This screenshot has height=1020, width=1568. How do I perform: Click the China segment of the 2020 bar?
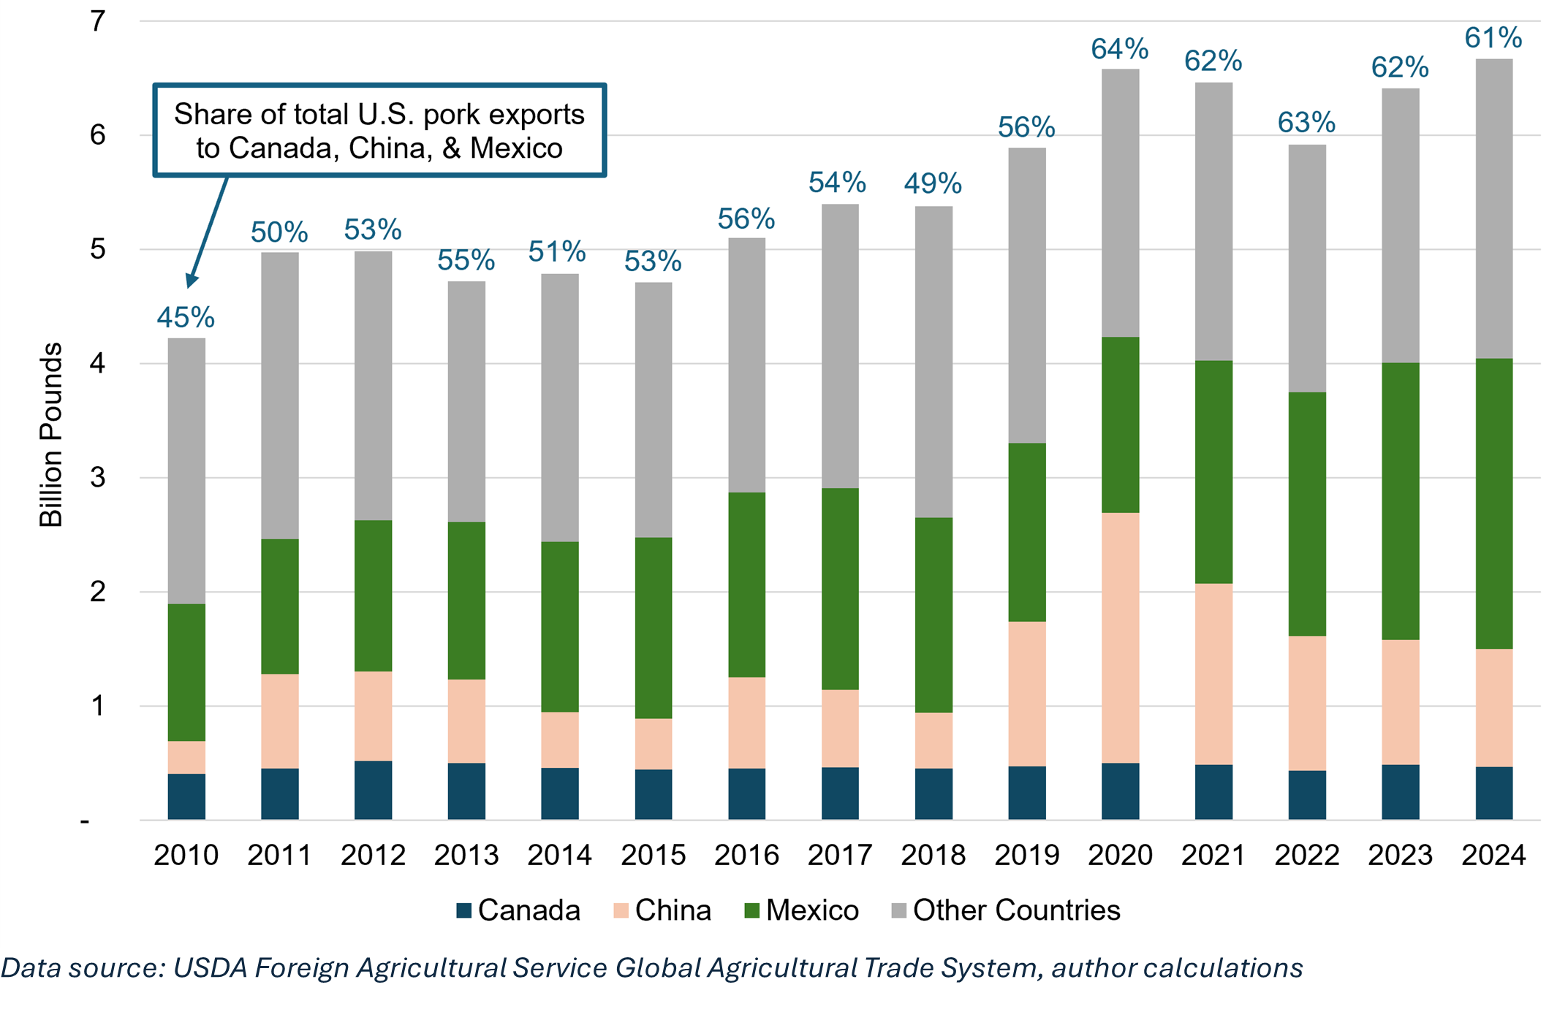(1120, 637)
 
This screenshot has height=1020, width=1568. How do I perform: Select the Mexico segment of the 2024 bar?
(1493, 503)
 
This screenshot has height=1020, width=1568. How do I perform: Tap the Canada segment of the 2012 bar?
(373, 790)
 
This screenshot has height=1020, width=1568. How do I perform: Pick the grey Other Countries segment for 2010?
(186, 471)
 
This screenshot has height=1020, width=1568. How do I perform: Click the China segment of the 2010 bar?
(186, 757)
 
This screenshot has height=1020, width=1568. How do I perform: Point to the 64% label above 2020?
(1120, 49)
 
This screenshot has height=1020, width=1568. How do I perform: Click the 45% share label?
(186, 317)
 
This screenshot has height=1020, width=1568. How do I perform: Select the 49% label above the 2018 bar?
(933, 183)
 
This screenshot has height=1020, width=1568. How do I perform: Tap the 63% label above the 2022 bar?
(1306, 122)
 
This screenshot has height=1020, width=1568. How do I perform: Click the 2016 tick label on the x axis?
(746, 855)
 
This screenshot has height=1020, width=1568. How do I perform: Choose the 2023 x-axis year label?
(1400, 855)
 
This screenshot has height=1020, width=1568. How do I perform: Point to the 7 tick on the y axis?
(97, 22)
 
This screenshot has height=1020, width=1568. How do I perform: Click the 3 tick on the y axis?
(97, 478)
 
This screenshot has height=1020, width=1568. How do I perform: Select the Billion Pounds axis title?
(51, 435)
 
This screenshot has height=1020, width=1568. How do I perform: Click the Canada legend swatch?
(463, 910)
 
